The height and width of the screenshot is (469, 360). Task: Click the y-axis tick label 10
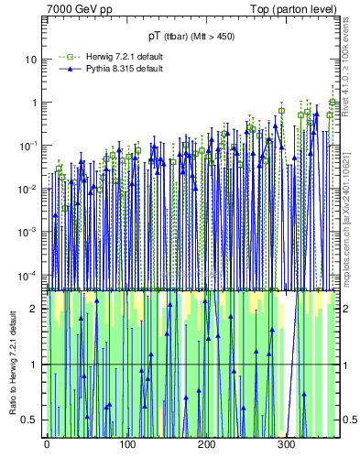(31, 60)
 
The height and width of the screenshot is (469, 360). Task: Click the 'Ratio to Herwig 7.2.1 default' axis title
(12, 364)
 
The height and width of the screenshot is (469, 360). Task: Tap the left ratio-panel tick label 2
(34, 309)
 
